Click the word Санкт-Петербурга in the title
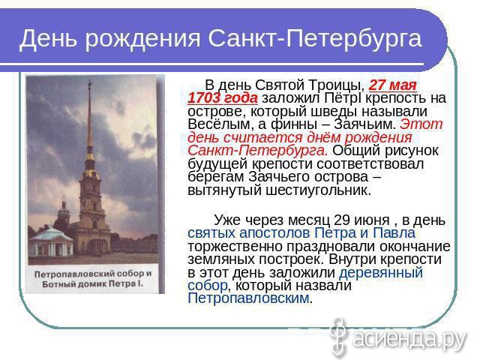click(x=315, y=38)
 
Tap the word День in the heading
click(x=48, y=38)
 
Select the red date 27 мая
click(x=393, y=85)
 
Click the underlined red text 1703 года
click(x=223, y=98)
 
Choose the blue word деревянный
click(x=381, y=272)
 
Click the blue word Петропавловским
click(x=248, y=298)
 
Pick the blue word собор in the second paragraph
click(x=208, y=285)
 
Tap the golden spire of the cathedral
click(x=89, y=122)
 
